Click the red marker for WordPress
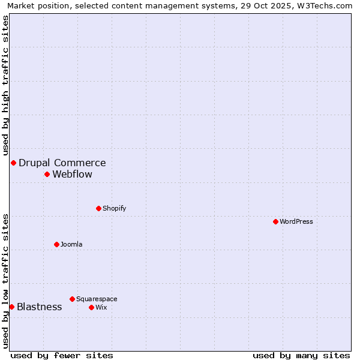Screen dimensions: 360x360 click(275, 221)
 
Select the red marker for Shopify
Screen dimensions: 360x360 click(98, 208)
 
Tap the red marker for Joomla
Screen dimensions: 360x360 click(56, 244)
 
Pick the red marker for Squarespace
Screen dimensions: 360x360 click(72, 299)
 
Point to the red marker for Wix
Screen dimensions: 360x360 click(91, 307)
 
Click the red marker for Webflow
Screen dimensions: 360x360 click(47, 174)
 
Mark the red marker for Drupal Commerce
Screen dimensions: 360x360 click(13, 163)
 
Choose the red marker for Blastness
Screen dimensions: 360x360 click(11, 307)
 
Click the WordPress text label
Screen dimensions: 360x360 click(296, 221)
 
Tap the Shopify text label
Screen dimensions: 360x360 click(114, 208)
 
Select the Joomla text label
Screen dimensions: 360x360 click(71, 244)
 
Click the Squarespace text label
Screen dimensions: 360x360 click(97, 299)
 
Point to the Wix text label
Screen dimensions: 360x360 click(101, 307)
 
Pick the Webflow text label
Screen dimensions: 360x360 click(73, 175)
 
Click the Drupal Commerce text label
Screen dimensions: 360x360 click(62, 163)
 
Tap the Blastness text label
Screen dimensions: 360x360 click(40, 307)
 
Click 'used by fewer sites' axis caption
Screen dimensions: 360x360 click(62, 355)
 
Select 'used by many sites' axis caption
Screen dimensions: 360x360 click(301, 355)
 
